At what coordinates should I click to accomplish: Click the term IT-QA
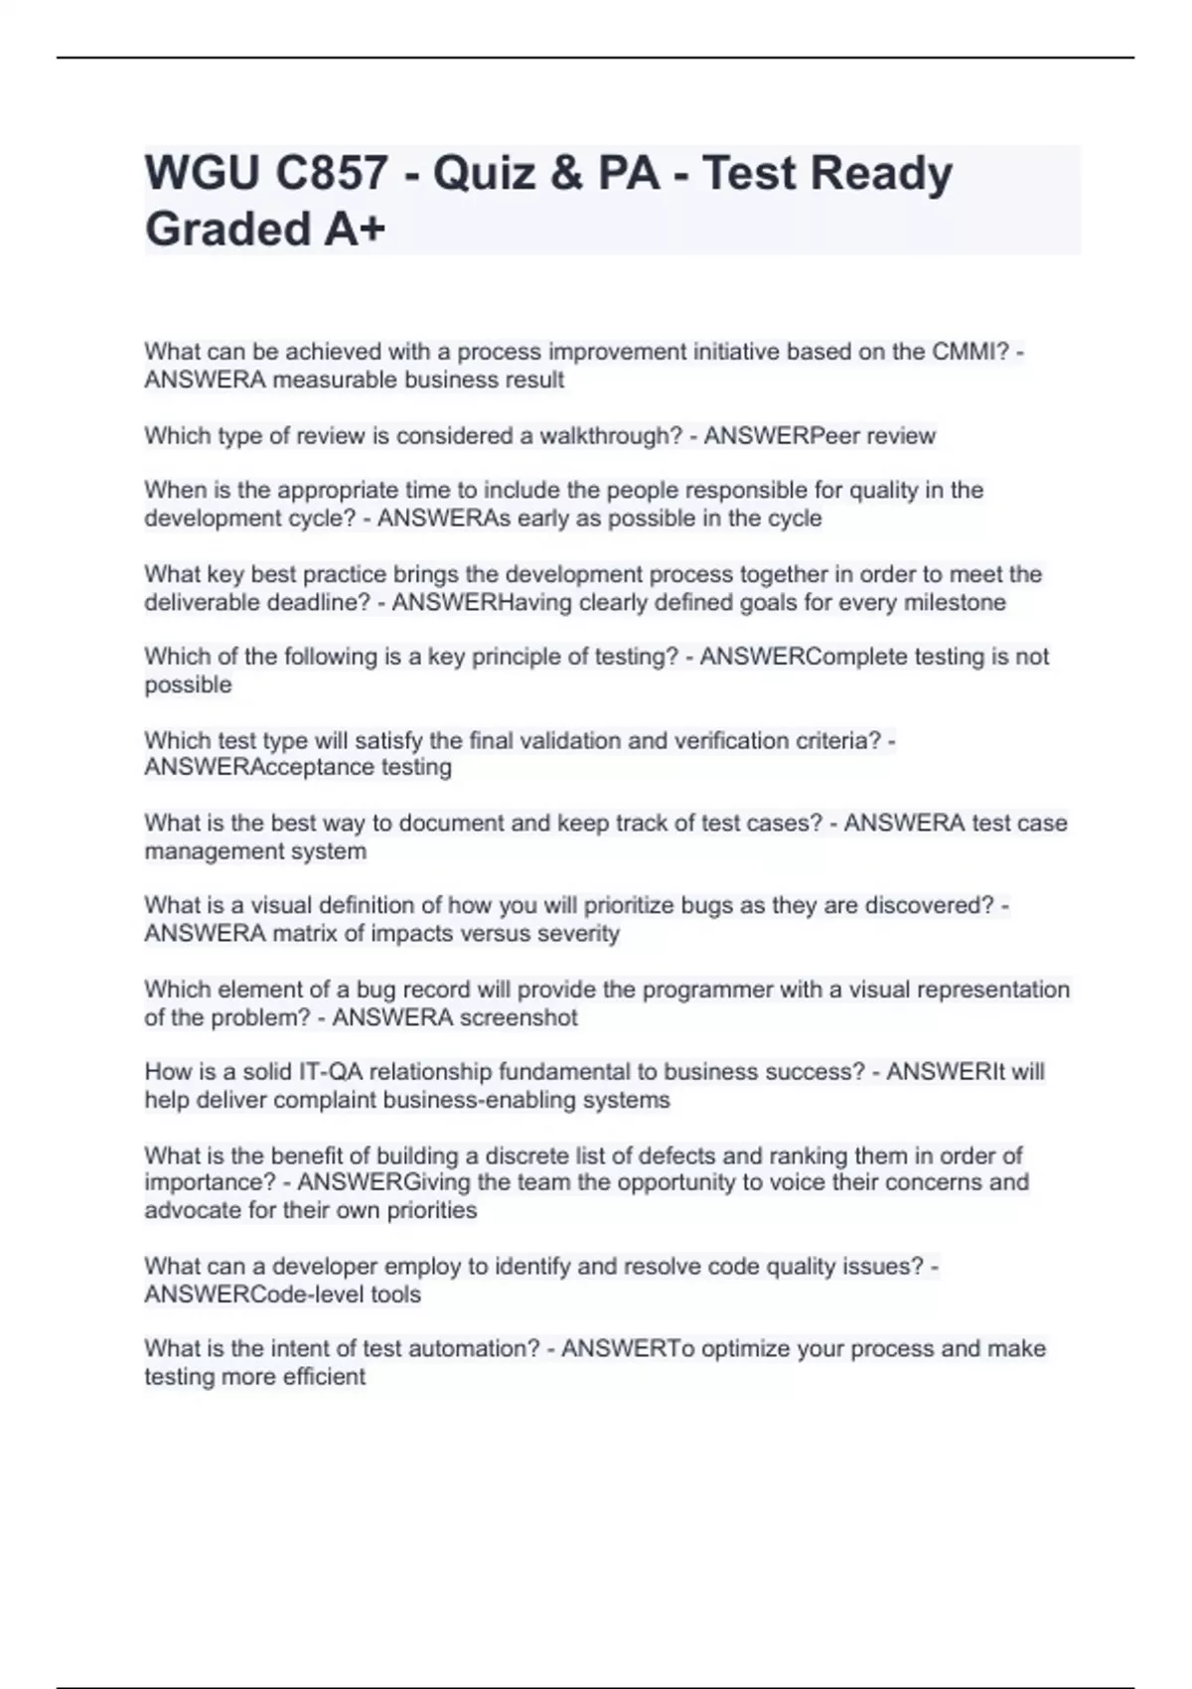331,1072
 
